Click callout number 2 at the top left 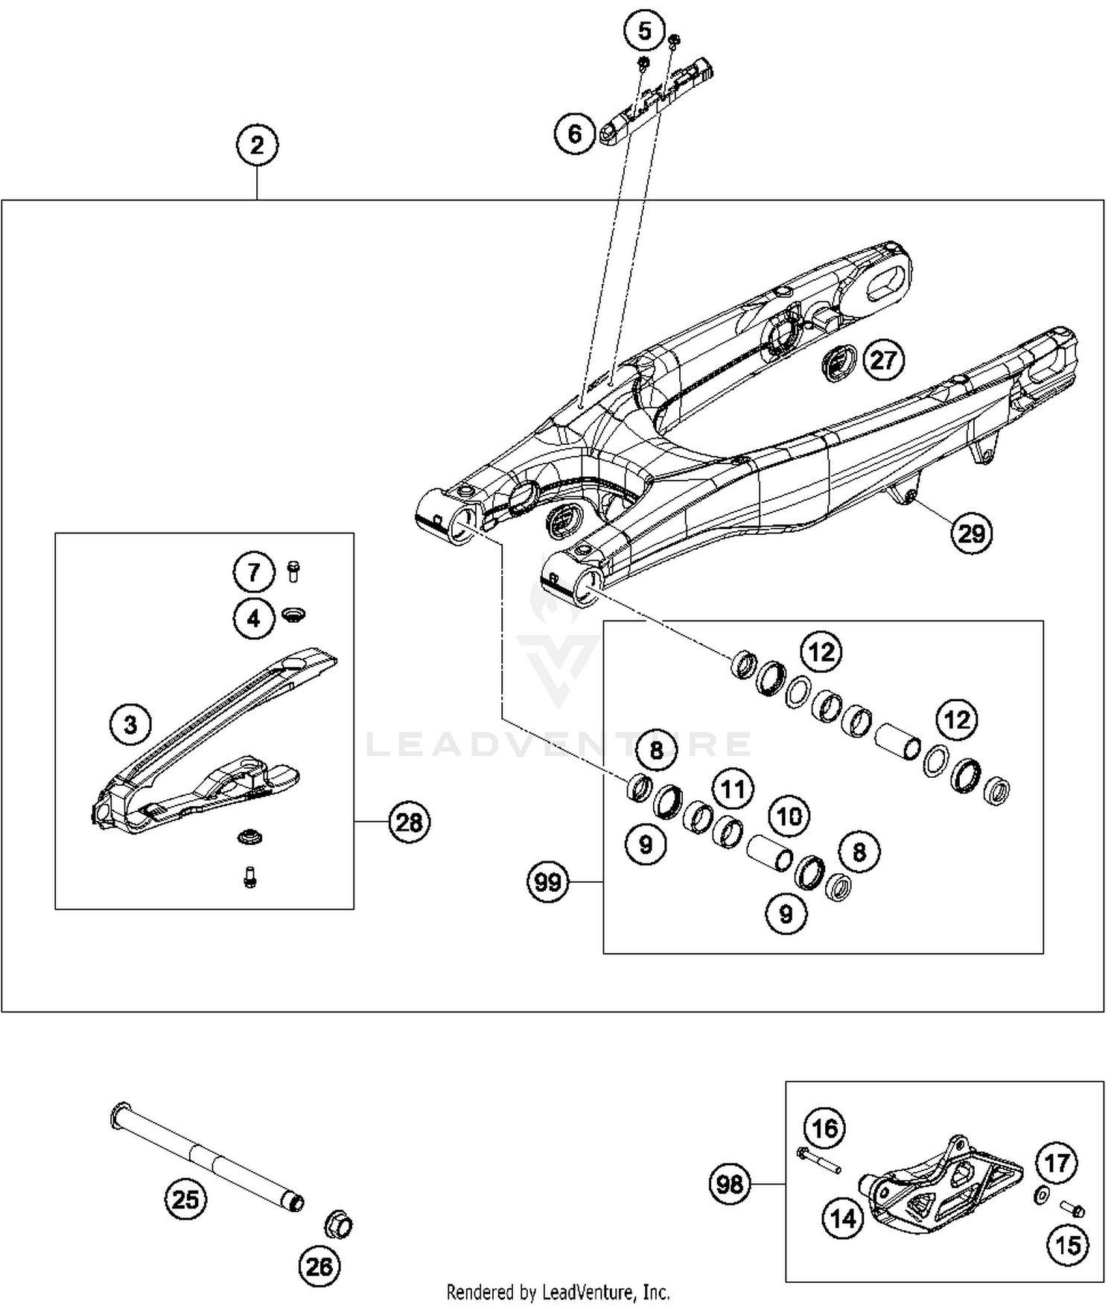[257, 145]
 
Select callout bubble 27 [883, 361]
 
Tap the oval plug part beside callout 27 [840, 364]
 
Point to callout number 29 [972, 533]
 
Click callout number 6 [575, 134]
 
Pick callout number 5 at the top [645, 31]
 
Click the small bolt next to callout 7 [293, 571]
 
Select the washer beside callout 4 [295, 615]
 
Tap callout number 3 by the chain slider [130, 724]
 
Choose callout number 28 [409, 823]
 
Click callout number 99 [548, 882]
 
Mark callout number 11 [733, 789]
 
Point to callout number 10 [789, 817]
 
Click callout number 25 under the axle [185, 1199]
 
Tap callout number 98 [729, 1184]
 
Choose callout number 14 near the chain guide [843, 1219]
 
